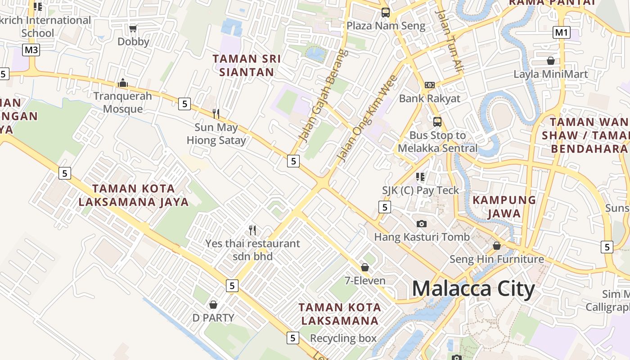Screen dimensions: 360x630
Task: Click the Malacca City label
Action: coord(473,288)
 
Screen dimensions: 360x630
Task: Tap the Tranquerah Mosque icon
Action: coord(122,83)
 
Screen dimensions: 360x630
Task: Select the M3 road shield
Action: coord(31,49)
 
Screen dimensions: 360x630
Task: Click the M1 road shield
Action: coord(562,32)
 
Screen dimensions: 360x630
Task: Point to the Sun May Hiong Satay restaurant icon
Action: coord(216,113)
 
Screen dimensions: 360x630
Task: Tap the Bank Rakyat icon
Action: coord(430,85)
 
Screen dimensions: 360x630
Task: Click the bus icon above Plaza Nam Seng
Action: coord(386,13)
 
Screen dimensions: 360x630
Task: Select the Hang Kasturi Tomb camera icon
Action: coord(422,224)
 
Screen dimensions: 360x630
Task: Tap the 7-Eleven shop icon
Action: coord(365,267)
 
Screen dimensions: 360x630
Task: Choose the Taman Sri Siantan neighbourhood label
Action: coord(247,65)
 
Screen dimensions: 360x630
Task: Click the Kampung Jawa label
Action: coord(504,206)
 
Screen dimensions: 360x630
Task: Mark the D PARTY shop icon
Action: coord(213,305)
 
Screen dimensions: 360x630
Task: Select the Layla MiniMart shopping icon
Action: coord(551,61)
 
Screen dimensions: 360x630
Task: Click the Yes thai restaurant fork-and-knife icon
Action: coord(252,230)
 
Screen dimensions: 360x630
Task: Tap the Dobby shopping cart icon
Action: coord(133,29)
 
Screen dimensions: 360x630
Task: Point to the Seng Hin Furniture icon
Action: coord(497,246)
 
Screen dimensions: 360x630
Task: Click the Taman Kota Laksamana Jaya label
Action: coord(134,195)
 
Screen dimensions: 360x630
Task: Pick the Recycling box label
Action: coord(343,338)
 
